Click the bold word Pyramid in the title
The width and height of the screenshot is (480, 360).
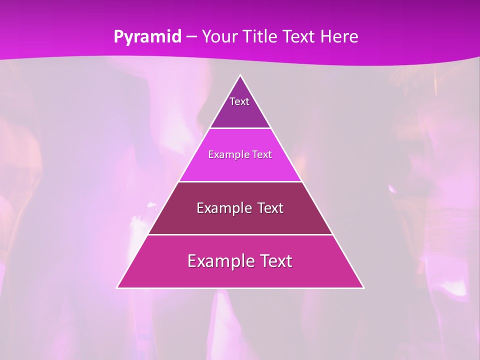click(147, 37)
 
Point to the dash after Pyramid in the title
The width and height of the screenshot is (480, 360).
click(191, 37)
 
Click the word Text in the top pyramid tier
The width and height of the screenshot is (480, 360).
click(239, 101)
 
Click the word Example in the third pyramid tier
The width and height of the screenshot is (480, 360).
click(223, 208)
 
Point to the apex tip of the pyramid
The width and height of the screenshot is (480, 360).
click(240, 75)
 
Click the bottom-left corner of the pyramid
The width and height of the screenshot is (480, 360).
click(117, 287)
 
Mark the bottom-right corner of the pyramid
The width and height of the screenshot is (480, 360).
click(363, 287)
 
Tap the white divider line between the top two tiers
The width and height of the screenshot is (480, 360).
click(240, 128)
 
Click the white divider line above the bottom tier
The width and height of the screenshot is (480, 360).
click(240, 234)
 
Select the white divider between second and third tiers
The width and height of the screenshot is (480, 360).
click(240, 181)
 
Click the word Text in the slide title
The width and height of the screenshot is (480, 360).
click(298, 36)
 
